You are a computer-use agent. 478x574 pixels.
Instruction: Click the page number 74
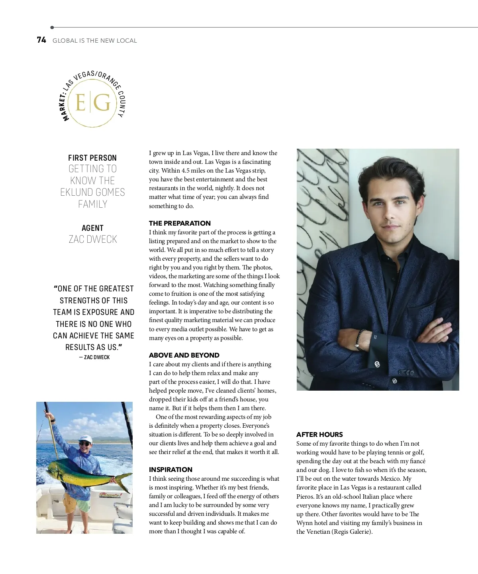click(x=41, y=40)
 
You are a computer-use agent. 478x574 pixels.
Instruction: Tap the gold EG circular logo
click(x=92, y=103)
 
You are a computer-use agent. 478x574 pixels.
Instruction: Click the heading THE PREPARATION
click(x=180, y=223)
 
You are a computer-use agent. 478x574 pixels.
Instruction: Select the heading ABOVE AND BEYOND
click(x=184, y=355)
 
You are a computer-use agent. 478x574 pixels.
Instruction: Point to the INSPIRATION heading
click(x=170, y=470)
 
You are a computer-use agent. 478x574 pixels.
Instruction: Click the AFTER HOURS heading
click(x=319, y=434)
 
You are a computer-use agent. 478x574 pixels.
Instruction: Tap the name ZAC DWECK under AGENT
click(x=93, y=239)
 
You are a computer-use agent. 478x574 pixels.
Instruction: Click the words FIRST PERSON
click(x=92, y=158)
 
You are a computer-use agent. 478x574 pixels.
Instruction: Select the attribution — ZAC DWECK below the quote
click(x=94, y=357)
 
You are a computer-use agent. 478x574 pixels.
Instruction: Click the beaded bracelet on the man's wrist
click(x=361, y=339)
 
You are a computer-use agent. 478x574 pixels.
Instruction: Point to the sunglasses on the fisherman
click(x=84, y=443)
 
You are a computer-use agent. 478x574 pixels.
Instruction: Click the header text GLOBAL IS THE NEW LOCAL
click(x=95, y=41)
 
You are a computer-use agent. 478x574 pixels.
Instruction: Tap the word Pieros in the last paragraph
click(x=305, y=497)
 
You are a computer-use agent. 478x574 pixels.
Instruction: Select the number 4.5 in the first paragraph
click(x=186, y=171)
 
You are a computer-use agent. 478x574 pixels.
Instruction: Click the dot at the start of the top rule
click(x=52, y=28)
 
